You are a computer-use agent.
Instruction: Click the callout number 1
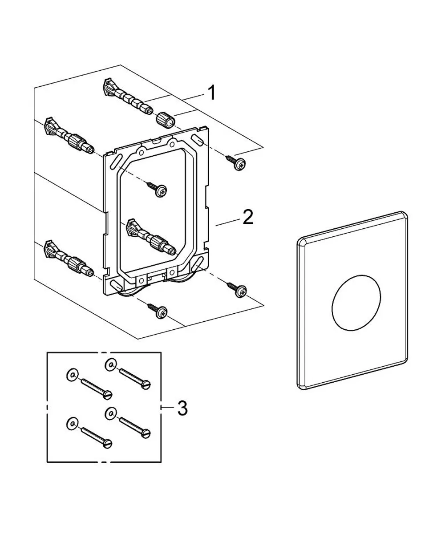click(x=212, y=93)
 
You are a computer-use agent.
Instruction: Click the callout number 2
click(x=248, y=217)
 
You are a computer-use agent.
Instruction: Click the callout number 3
click(x=182, y=408)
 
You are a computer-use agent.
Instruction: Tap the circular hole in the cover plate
click(x=356, y=303)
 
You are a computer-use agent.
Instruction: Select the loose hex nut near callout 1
click(x=166, y=120)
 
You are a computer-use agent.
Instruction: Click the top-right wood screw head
click(x=240, y=164)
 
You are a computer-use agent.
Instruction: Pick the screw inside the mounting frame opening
click(x=157, y=189)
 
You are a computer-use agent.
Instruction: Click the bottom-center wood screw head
click(x=162, y=312)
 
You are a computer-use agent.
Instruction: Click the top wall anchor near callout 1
click(x=128, y=97)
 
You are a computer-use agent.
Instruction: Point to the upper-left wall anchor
click(x=69, y=136)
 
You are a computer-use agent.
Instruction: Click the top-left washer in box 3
click(x=73, y=375)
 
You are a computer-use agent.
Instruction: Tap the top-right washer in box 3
click(x=111, y=365)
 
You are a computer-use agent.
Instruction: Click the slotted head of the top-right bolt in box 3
click(x=146, y=384)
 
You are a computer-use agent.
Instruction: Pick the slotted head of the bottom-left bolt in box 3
click(x=107, y=443)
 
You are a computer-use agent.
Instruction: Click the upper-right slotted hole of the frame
click(x=197, y=141)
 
